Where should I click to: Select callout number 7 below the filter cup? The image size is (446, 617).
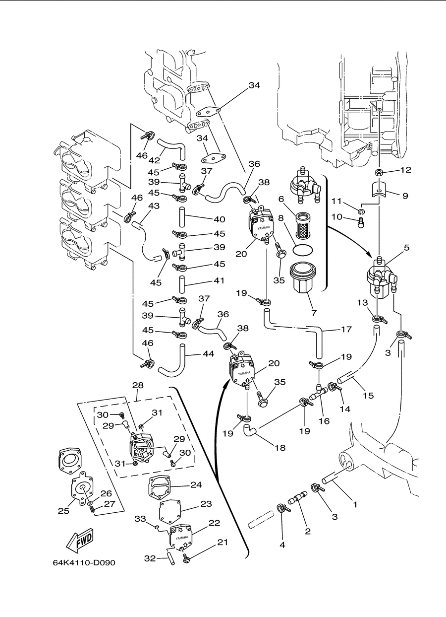[x=314, y=313]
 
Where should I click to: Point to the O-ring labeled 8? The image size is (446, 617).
[x=302, y=250]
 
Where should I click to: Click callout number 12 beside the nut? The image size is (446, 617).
[x=406, y=170]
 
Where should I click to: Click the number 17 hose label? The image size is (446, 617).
[x=346, y=329]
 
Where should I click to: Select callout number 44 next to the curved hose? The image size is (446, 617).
[x=209, y=353]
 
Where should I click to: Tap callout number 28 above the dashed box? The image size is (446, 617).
[x=138, y=385]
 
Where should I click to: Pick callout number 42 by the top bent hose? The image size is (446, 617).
[x=154, y=161]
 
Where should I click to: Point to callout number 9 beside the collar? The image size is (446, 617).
[x=405, y=196]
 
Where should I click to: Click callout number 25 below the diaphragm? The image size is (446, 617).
[x=63, y=511]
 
